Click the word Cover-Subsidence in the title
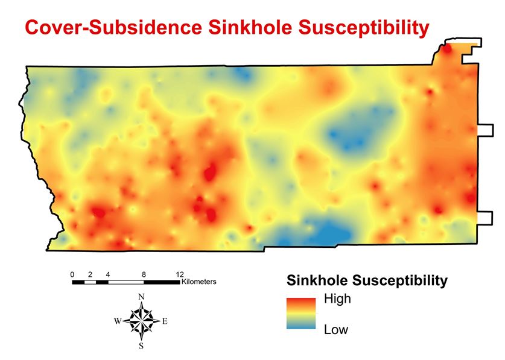113,27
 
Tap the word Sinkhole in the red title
250,27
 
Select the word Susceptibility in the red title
364,28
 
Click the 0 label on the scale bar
72,274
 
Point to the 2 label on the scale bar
90,274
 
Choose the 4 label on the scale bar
108,274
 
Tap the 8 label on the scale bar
144,274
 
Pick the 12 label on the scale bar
180,274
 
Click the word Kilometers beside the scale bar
199,282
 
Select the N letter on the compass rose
141,297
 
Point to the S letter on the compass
141,346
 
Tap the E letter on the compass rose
165,321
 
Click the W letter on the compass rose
118,321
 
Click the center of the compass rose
141,321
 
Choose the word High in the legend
337,299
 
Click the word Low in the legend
336,330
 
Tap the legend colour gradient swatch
301,314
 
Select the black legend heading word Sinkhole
317,280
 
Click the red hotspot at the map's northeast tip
447,49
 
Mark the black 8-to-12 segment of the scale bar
162,282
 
